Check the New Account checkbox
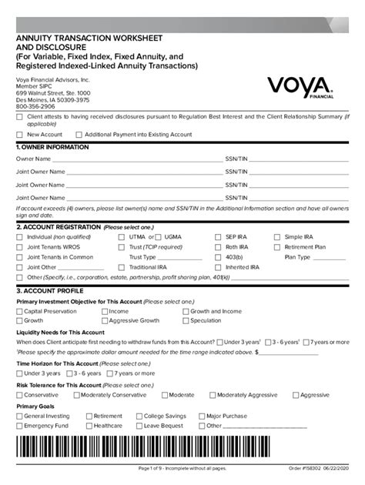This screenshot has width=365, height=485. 20,134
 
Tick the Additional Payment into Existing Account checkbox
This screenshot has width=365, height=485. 78,134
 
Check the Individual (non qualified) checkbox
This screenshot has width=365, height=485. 20,237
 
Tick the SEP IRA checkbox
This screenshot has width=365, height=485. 219,237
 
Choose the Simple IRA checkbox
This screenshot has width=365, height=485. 278,237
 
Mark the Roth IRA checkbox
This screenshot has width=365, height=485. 219,247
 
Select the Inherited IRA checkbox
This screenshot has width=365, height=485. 219,266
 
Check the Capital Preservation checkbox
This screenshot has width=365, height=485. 20,312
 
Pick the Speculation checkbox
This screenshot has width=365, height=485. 184,320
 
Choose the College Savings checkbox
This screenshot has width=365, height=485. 139,416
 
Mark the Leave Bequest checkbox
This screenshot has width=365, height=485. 139,425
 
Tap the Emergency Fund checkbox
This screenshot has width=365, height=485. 20,425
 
